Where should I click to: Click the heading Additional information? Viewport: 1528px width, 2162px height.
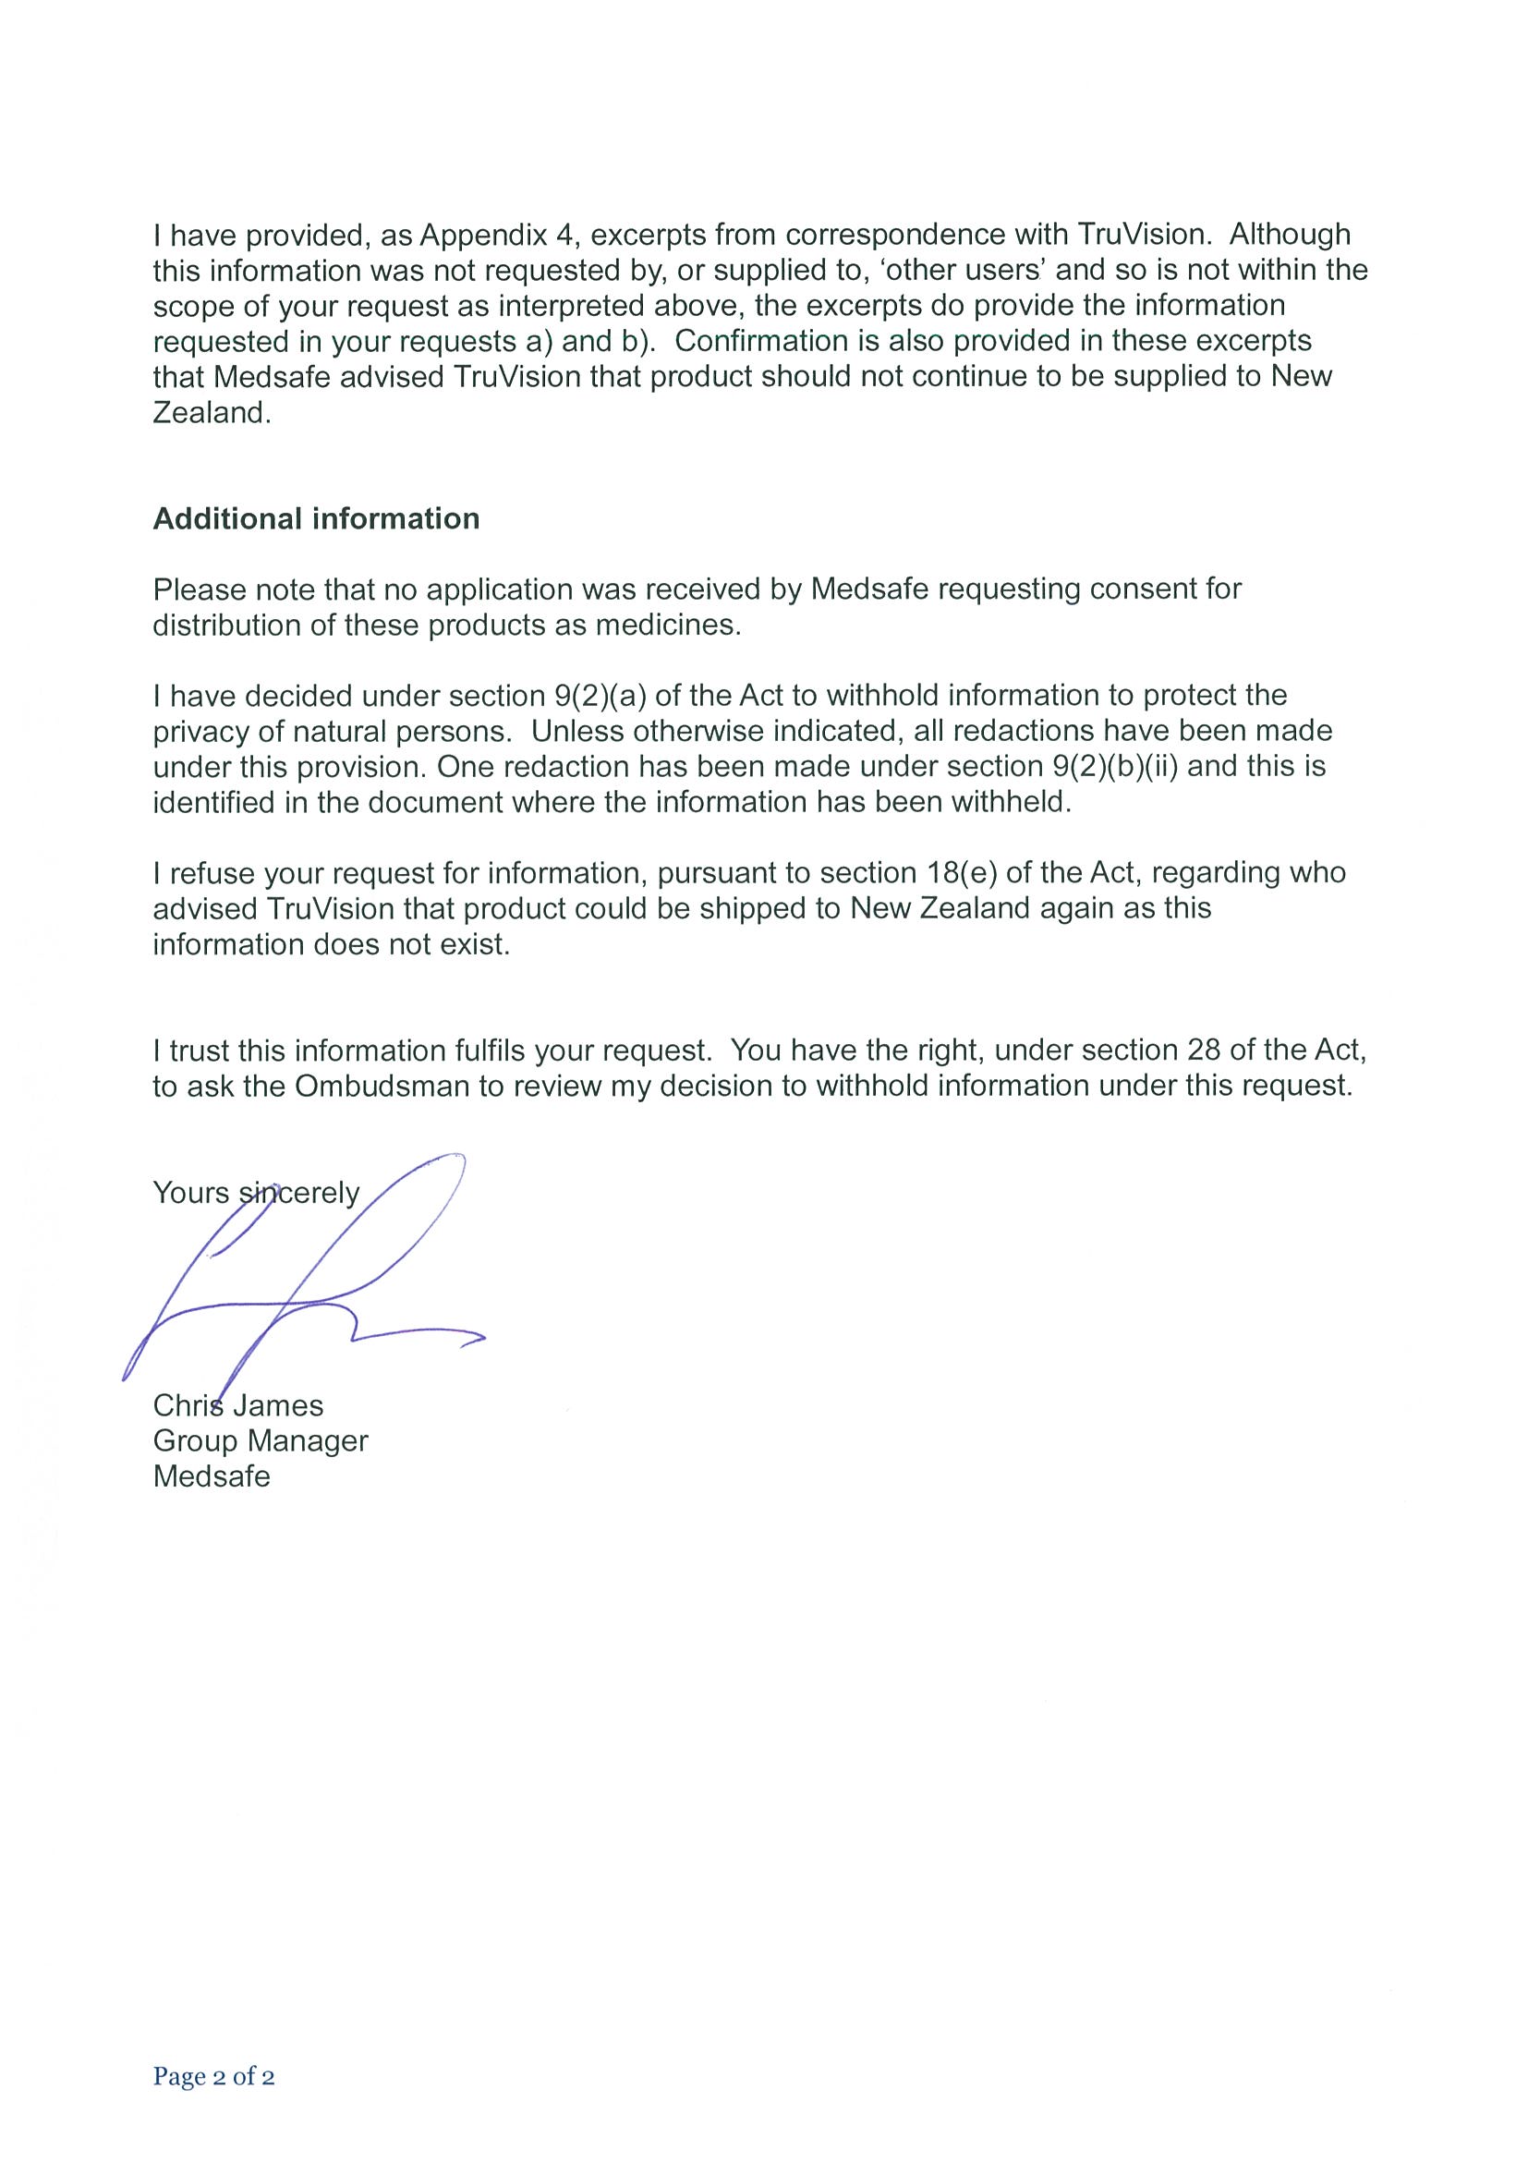tap(315, 519)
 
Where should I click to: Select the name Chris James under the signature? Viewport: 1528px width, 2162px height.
tap(238, 1405)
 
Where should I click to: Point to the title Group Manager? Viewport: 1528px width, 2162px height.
tap(260, 1440)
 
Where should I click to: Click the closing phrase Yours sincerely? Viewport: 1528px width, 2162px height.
tap(256, 1193)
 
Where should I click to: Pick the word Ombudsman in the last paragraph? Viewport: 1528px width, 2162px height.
tap(382, 1086)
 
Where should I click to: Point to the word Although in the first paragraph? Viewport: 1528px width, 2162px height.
tap(1290, 234)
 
